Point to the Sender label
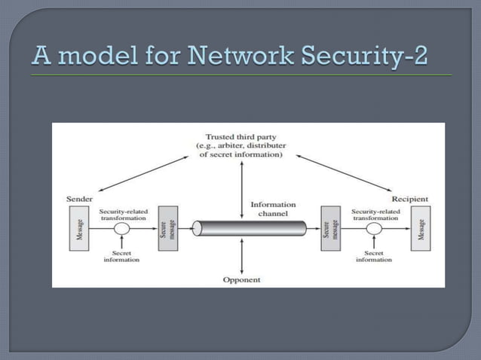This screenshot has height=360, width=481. [81, 199]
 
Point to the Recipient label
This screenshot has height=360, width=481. [410, 199]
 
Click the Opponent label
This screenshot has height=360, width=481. [241, 279]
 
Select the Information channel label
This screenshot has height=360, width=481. [273, 208]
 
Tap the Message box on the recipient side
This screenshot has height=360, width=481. [420, 227]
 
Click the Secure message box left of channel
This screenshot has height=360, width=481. [167, 227]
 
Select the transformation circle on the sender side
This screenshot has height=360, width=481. [121, 228]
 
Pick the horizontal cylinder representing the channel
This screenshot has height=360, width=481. [249, 228]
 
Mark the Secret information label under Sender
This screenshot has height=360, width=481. [121, 257]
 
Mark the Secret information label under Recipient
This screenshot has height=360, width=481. [373, 257]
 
